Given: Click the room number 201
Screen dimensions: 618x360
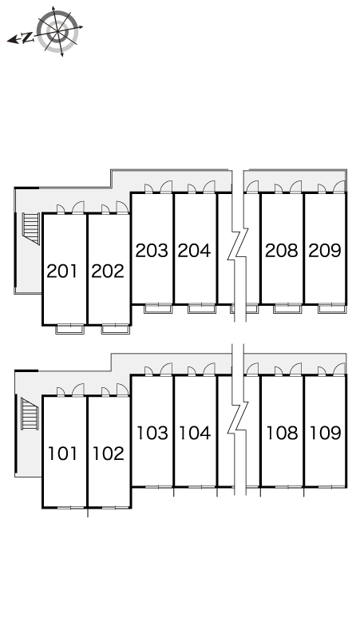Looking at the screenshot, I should point(62,271).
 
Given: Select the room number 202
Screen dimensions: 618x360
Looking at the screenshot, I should point(108,271).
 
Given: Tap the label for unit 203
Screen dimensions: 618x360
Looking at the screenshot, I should point(151,250).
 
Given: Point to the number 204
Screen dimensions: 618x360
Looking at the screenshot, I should point(194,250).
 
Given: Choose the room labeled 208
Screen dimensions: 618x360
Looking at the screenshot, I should point(281,250).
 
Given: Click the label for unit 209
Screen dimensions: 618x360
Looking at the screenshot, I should point(325,250).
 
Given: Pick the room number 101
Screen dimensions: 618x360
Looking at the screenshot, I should point(62,454).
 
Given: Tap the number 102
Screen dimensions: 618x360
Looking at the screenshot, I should point(108,454).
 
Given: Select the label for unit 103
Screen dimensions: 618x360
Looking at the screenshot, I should point(152,433).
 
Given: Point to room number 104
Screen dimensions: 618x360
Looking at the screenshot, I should point(195,433).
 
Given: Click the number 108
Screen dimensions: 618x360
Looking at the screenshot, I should point(281,433).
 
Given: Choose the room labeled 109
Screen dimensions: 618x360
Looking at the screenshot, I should point(325,433).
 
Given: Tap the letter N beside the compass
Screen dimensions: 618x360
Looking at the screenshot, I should point(26,37).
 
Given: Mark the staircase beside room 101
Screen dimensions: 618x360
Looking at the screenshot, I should point(30,414).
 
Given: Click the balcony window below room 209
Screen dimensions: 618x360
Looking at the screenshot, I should point(331,307).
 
